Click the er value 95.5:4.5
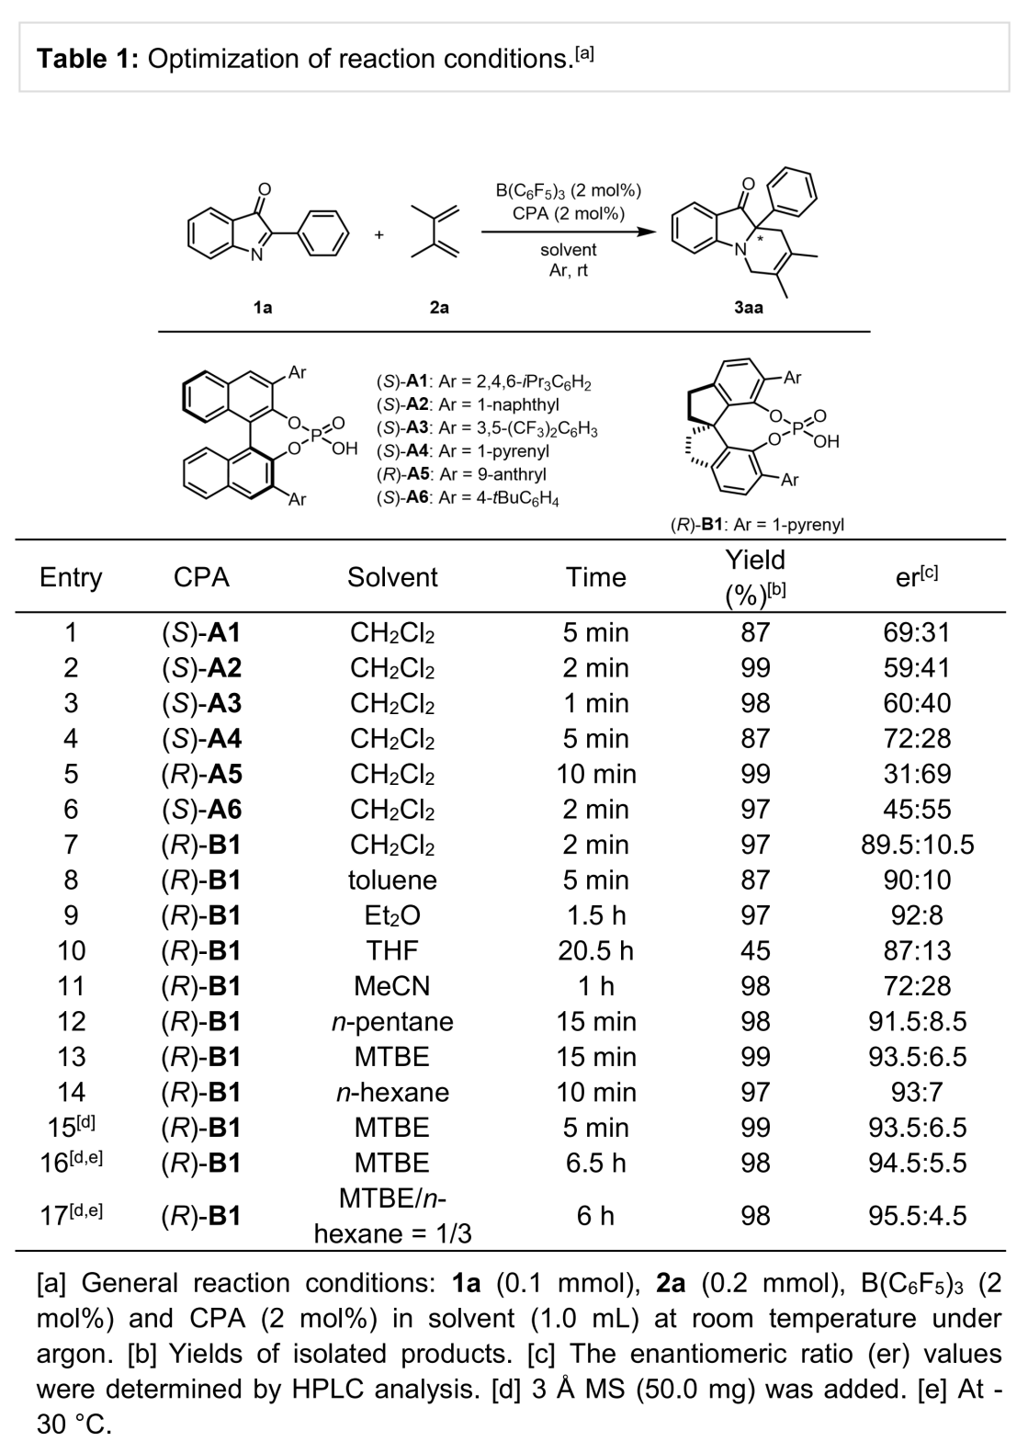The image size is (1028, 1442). pos(917,1215)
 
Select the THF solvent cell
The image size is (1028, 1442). pos(391,950)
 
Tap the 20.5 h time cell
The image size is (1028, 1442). pos(595,950)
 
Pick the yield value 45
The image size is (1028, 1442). pos(754,950)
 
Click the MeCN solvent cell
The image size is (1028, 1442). pos(391,985)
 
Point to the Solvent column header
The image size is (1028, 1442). pos(392,577)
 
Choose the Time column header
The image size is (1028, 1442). pos(595,577)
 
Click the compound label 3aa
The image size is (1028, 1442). pos(748,308)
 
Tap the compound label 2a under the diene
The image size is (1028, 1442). pos(439,308)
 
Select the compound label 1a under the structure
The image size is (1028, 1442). pos(263,308)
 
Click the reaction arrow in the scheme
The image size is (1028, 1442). pos(569,232)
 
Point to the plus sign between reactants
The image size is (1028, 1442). pos(378,235)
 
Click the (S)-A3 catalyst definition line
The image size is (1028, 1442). pos(487,428)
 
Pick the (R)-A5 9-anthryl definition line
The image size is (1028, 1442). pos(461,474)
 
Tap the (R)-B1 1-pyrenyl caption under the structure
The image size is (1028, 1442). pos(757,525)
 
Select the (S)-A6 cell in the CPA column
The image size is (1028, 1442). pos(201,809)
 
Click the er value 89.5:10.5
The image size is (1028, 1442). pos(917,844)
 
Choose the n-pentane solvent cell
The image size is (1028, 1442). pos(391,1021)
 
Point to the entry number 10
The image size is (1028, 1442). pos(71,950)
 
